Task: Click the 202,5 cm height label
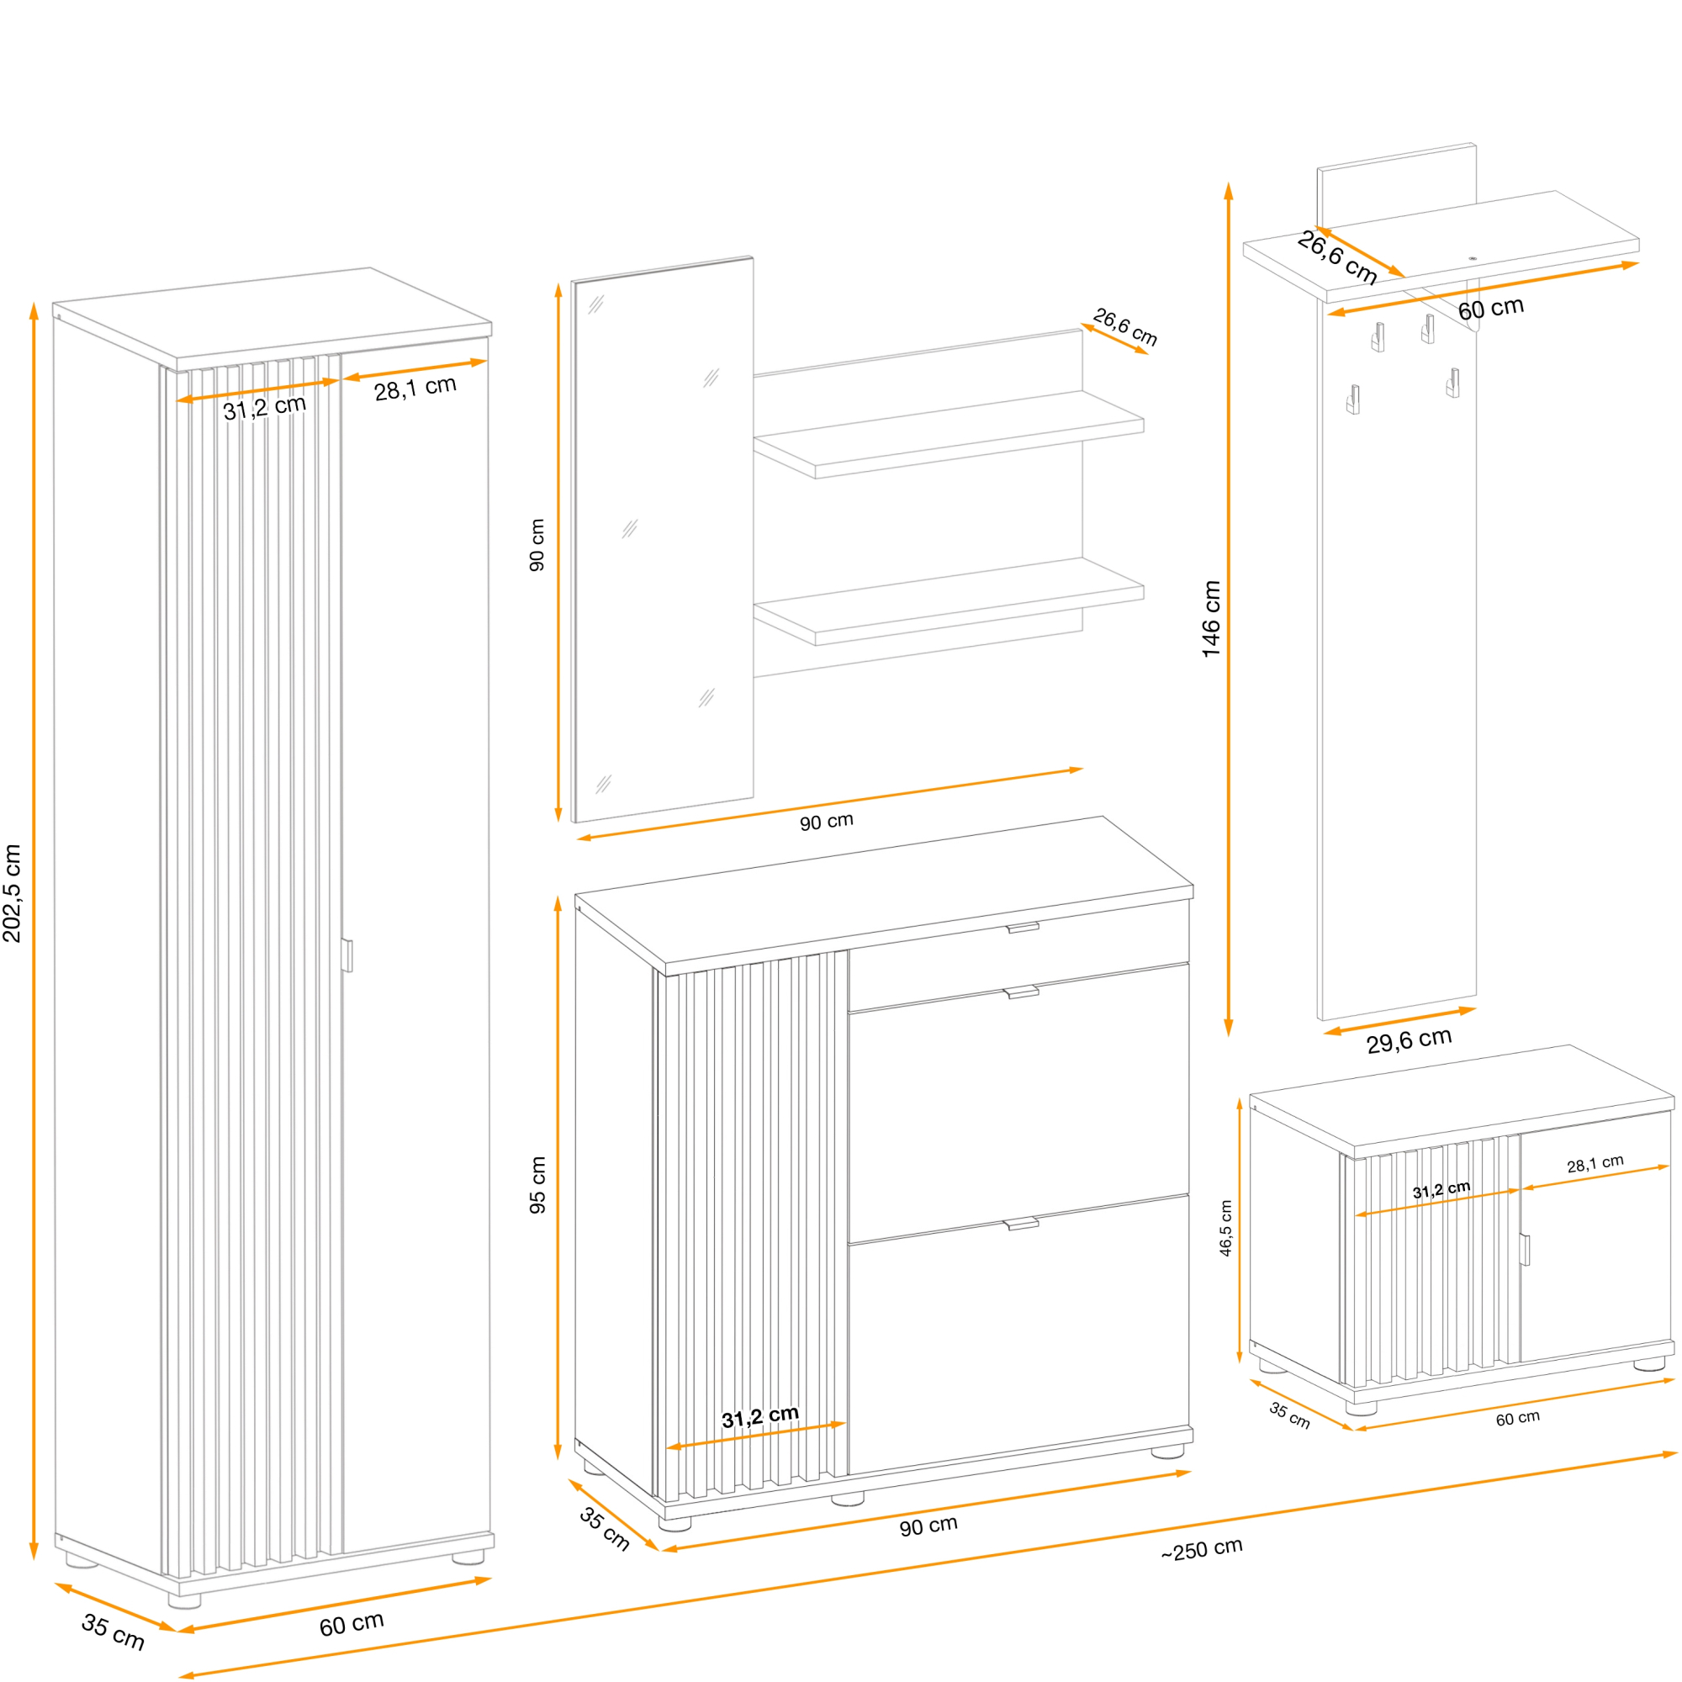12,893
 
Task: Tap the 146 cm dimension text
1211,619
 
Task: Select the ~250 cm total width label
1202,1550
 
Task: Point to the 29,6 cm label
1409,1039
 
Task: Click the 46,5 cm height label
1226,1229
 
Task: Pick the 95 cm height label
538,1185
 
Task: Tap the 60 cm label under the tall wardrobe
351,1625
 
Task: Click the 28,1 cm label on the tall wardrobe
415,389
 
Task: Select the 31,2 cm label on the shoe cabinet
760,1416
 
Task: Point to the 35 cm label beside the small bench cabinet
1289,1415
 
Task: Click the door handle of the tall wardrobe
347,955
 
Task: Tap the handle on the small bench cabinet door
1526,1250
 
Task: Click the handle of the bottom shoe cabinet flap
1021,1224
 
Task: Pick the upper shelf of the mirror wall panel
949,434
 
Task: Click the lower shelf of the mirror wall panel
949,600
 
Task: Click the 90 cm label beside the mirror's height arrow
537,545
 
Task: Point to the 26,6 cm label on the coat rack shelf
1336,257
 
